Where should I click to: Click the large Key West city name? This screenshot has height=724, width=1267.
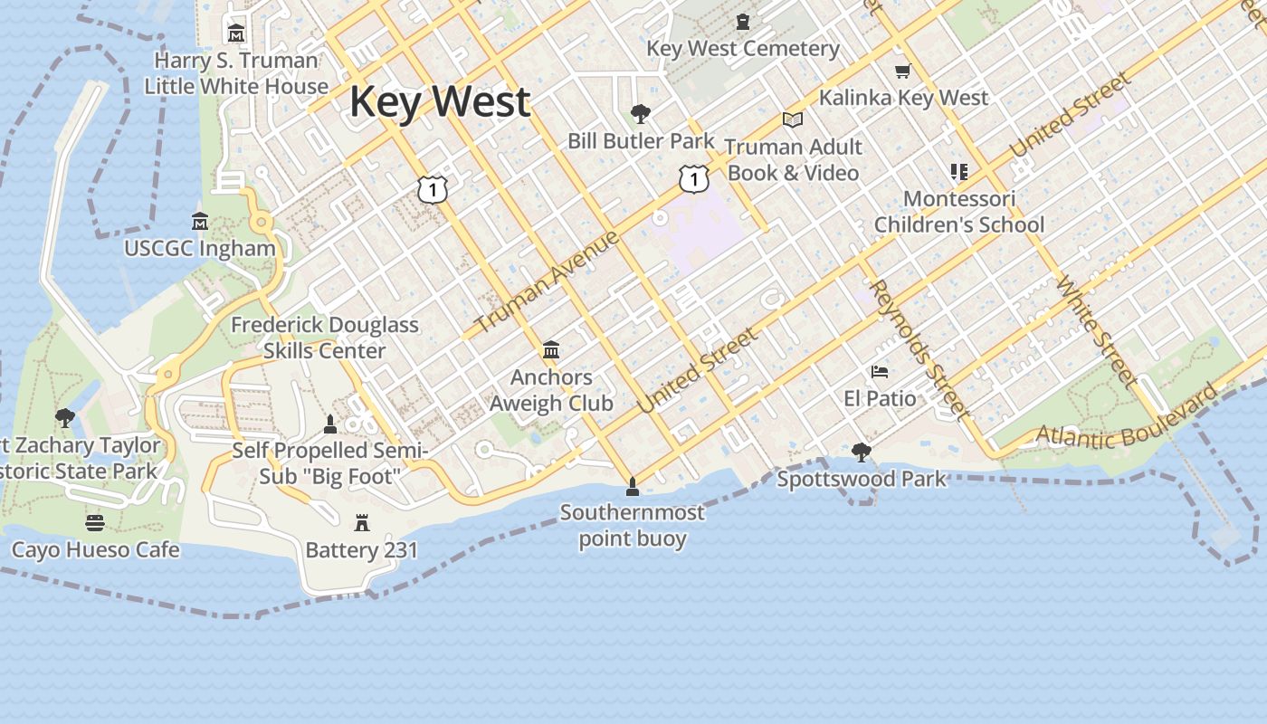pyautogui.click(x=440, y=101)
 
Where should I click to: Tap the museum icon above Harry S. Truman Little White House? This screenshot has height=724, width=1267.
pyautogui.click(x=236, y=33)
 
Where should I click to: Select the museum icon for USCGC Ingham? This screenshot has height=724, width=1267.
pyautogui.click(x=200, y=221)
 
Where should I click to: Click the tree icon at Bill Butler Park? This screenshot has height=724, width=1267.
pyautogui.click(x=641, y=114)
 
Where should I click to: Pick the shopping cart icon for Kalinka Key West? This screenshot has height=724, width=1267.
pyautogui.click(x=902, y=71)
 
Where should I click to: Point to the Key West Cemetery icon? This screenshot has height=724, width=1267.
pyautogui.click(x=743, y=21)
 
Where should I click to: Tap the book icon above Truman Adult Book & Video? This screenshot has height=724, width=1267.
pyautogui.click(x=792, y=119)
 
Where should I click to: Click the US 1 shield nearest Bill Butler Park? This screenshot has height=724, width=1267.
pyautogui.click(x=693, y=179)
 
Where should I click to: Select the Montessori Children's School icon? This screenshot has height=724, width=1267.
pyautogui.click(x=959, y=171)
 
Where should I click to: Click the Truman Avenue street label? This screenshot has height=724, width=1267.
pyautogui.click(x=547, y=281)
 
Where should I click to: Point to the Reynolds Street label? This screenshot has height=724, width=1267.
pyautogui.click(x=919, y=349)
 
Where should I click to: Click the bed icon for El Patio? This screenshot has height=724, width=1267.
pyautogui.click(x=879, y=371)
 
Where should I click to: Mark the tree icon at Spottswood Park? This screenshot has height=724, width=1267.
pyautogui.click(x=861, y=452)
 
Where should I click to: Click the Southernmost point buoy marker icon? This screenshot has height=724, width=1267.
pyautogui.click(x=632, y=486)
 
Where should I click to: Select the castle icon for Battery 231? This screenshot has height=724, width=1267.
pyautogui.click(x=362, y=522)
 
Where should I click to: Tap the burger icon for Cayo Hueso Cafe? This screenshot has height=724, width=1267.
pyautogui.click(x=95, y=522)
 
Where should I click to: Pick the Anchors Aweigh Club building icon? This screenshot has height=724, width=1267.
pyautogui.click(x=550, y=349)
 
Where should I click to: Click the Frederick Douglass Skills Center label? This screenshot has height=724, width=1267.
pyautogui.click(x=325, y=338)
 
